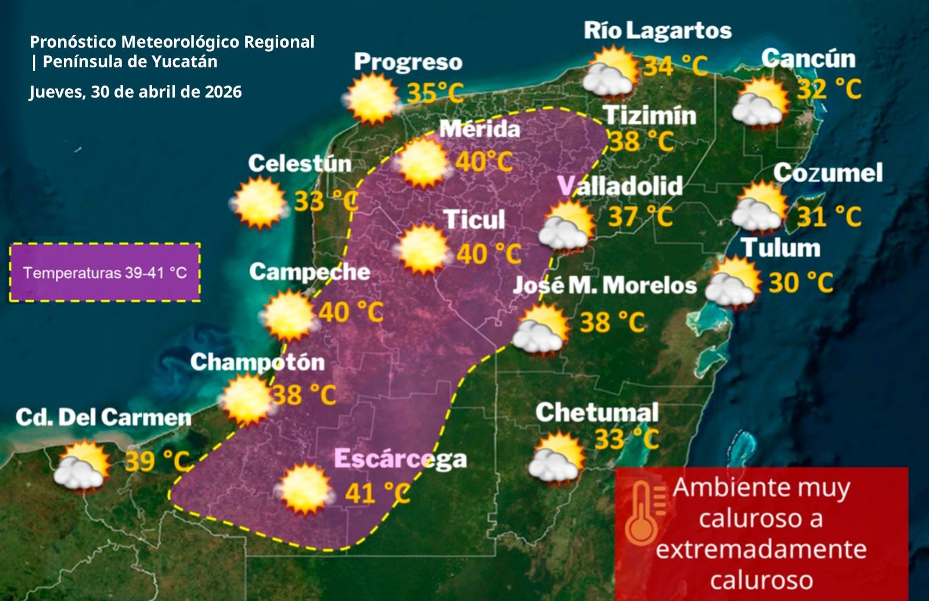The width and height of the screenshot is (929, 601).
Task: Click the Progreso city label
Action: pyautogui.click(x=408, y=62)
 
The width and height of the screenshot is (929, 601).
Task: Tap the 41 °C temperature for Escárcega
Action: pyautogui.click(x=377, y=493)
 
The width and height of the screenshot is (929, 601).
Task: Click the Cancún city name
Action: pyautogui.click(x=808, y=59)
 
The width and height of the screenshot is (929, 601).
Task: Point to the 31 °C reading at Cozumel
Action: pyautogui.click(x=829, y=217)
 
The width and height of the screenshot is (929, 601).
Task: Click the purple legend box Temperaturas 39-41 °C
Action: pyautogui.click(x=105, y=272)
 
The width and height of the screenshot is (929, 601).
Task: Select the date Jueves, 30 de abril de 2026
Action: pyautogui.click(x=135, y=92)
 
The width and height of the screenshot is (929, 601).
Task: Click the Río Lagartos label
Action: pyautogui.click(x=657, y=31)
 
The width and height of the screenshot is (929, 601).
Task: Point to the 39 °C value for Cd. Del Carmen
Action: pyautogui.click(x=157, y=461)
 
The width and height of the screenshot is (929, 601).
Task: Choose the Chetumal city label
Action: pyautogui.click(x=597, y=413)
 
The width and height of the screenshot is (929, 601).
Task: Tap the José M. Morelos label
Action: pyautogui.click(x=604, y=285)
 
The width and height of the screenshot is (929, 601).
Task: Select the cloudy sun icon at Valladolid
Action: pyautogui.click(x=566, y=227)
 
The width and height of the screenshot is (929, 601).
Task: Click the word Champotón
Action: pyautogui.click(x=257, y=362)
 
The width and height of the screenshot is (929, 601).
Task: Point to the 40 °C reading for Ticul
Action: pyautogui.click(x=489, y=254)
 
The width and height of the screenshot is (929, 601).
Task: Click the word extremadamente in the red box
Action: pyautogui.click(x=761, y=549)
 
